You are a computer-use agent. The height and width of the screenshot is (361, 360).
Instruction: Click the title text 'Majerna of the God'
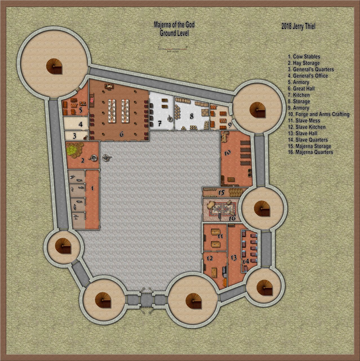[174, 25]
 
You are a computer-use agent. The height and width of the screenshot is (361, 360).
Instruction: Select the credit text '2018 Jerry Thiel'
[298, 27]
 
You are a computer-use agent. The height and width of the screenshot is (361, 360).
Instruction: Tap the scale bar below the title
[173, 49]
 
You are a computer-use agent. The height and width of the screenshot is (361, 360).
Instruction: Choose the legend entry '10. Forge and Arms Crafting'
[318, 114]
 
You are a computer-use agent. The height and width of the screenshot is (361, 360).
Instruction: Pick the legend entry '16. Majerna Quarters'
[310, 152]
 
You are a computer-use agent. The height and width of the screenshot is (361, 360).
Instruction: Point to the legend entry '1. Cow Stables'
[304, 57]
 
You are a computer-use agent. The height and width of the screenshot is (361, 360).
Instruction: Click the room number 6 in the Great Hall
[121, 135]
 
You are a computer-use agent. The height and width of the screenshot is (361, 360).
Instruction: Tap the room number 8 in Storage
[192, 116]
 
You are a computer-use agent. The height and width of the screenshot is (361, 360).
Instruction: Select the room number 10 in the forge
[228, 153]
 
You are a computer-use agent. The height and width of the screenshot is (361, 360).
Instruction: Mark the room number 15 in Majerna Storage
[221, 193]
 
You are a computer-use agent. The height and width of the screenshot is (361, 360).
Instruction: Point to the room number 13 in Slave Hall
[234, 258]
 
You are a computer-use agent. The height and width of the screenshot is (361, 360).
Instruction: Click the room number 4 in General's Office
[81, 124]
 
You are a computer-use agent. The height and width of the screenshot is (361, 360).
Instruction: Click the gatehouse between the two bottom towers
[146, 301]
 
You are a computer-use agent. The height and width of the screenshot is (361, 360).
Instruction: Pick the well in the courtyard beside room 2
[106, 158]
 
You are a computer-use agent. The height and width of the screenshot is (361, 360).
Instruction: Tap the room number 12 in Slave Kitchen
[210, 258]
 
